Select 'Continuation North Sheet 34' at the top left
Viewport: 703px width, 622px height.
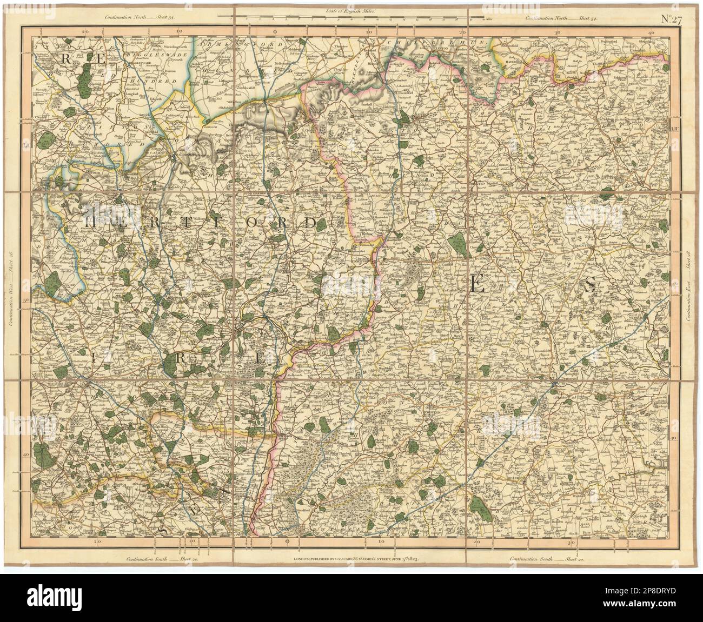pos(143,18)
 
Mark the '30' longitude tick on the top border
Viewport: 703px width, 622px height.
pos(558,32)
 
